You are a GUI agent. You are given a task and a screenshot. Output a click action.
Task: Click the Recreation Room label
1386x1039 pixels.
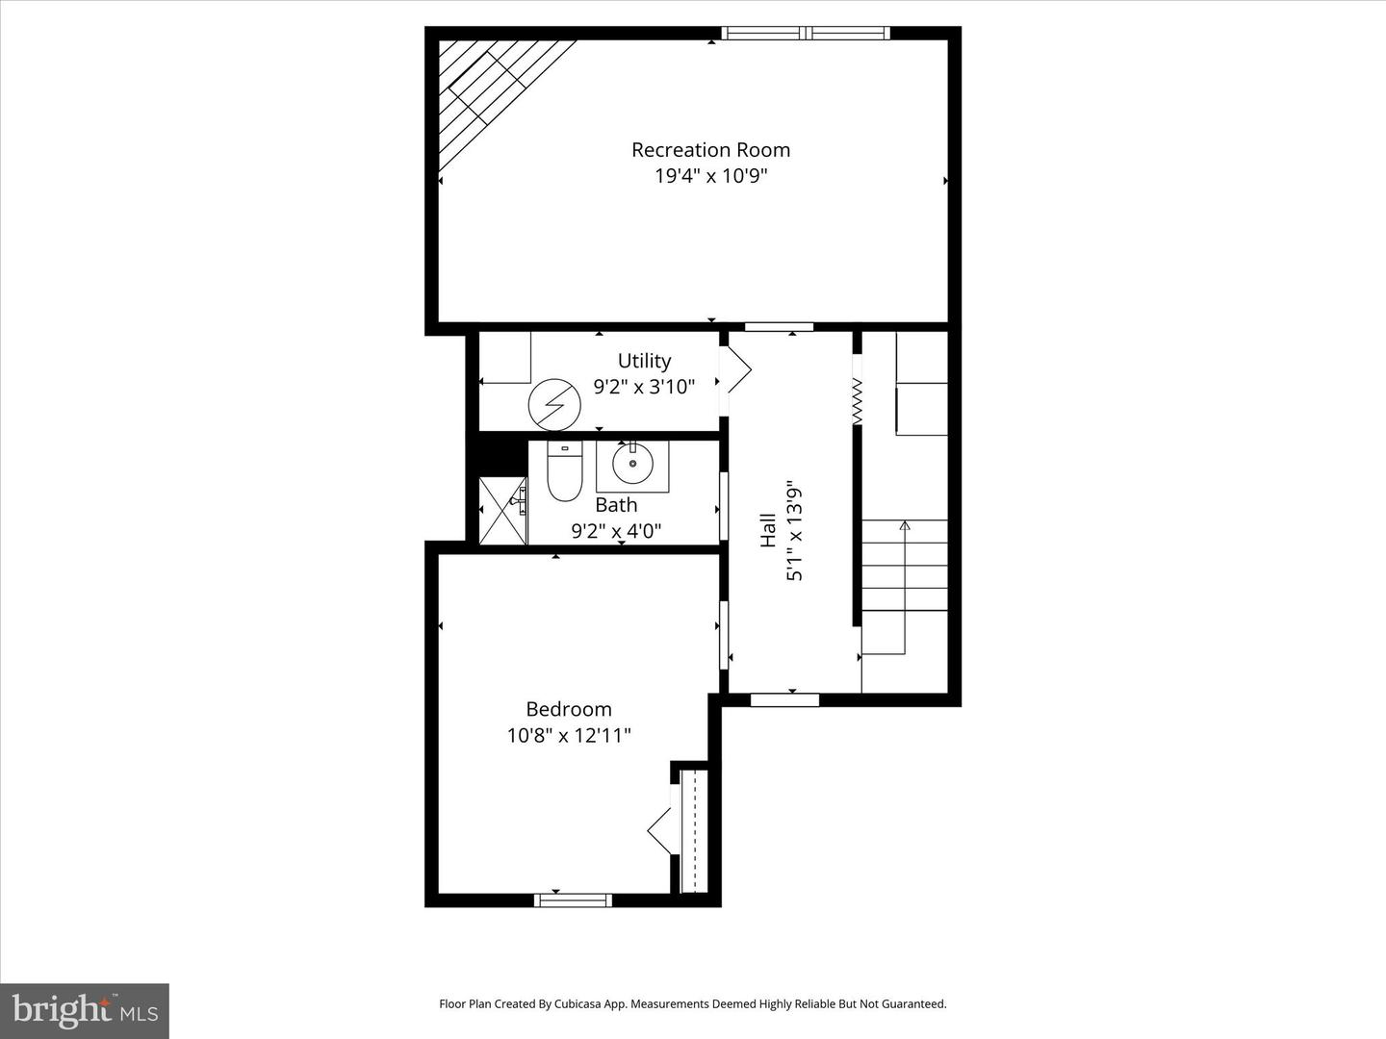[x=710, y=150]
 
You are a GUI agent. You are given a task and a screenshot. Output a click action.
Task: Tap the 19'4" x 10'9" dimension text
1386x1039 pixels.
[x=710, y=176]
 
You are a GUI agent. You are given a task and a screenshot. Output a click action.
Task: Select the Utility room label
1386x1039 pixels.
[x=644, y=361]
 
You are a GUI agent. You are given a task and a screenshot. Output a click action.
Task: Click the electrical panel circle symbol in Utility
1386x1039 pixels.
[x=554, y=404]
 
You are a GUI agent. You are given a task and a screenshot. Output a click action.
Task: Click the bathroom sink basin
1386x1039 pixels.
[x=632, y=465]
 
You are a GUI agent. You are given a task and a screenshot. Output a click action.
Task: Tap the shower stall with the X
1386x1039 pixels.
[x=503, y=510]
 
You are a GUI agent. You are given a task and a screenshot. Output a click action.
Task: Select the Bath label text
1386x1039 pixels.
[x=616, y=505]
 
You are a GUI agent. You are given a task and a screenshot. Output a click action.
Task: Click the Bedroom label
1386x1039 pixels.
[x=568, y=709]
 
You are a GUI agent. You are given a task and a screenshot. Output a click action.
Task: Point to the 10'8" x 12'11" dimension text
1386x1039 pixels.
[x=568, y=736]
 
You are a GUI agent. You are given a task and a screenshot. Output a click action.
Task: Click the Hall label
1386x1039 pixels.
[x=768, y=530]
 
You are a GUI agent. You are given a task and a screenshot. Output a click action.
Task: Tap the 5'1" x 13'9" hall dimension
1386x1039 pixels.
[x=794, y=530]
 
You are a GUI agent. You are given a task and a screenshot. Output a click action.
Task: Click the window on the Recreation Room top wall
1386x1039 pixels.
[x=806, y=34]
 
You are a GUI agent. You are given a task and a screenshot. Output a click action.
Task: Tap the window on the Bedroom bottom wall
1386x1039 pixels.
[x=573, y=900]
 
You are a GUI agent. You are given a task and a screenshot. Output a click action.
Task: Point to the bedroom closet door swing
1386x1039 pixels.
[x=660, y=829]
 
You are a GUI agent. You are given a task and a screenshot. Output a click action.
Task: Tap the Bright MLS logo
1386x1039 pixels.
[x=85, y=1010]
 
